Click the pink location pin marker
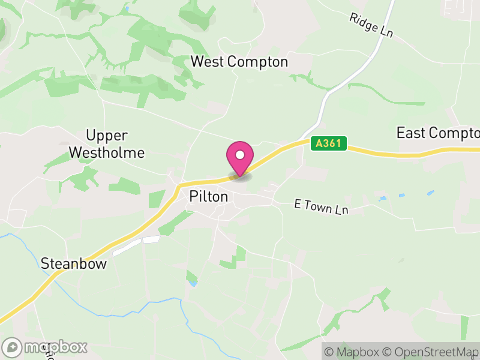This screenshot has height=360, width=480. click(239, 158)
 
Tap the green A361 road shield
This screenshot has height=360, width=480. click(329, 143)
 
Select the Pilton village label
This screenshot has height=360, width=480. click(208, 196)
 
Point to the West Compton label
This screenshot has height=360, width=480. click(239, 62)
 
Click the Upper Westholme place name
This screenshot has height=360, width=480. click(107, 144)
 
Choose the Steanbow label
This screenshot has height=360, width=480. click(74, 263)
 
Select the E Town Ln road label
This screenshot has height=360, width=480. click(321, 208)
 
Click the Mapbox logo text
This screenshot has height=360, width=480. click(55, 347)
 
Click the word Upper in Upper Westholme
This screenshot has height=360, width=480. click(107, 136)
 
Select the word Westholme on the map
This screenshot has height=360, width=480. click(107, 153)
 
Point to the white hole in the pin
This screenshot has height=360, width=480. click(239, 154)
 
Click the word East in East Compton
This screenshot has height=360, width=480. click(410, 133)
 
